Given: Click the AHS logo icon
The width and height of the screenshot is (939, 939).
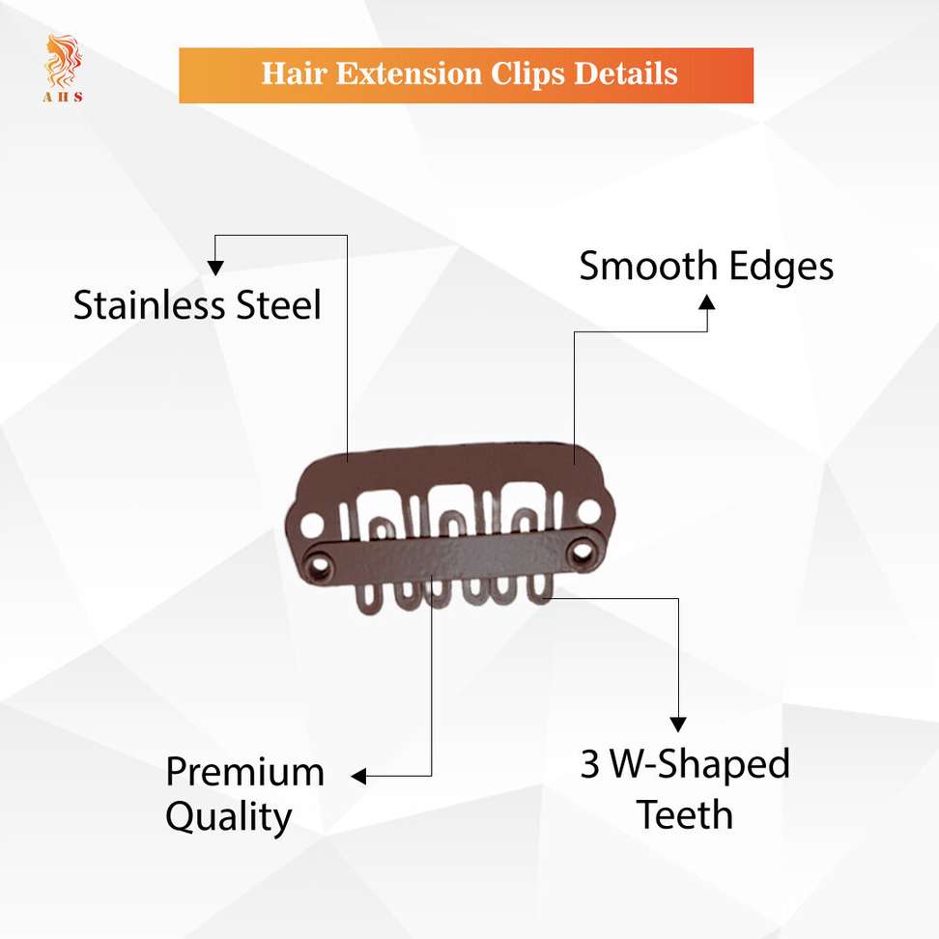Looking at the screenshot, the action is click(63, 69).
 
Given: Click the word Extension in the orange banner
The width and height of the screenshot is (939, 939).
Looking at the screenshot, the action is click(409, 73).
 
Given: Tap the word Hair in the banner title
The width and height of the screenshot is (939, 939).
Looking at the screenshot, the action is click(295, 73).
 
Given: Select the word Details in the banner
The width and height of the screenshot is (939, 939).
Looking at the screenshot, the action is click(626, 73).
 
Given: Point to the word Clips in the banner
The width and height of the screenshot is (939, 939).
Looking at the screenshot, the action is click(527, 74).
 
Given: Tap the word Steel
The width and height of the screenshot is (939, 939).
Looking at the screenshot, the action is click(279, 305).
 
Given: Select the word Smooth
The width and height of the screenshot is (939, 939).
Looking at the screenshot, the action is click(648, 266).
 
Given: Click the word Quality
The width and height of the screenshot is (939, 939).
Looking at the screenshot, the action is click(229, 818).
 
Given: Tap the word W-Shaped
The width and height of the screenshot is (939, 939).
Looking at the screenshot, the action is click(700, 765).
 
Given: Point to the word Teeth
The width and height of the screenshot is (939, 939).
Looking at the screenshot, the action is click(685, 815).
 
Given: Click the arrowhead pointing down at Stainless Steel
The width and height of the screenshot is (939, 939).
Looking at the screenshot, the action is click(215, 268).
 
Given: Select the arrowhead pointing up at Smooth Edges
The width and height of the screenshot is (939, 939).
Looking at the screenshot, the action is click(707, 301).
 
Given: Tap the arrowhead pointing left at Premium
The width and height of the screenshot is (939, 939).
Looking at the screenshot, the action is click(358, 776).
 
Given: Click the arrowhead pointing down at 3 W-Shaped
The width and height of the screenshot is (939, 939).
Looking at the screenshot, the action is click(678, 725).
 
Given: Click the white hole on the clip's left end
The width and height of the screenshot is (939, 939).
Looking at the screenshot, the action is click(312, 526).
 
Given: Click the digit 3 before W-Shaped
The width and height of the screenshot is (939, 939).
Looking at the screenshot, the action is click(590, 764).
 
